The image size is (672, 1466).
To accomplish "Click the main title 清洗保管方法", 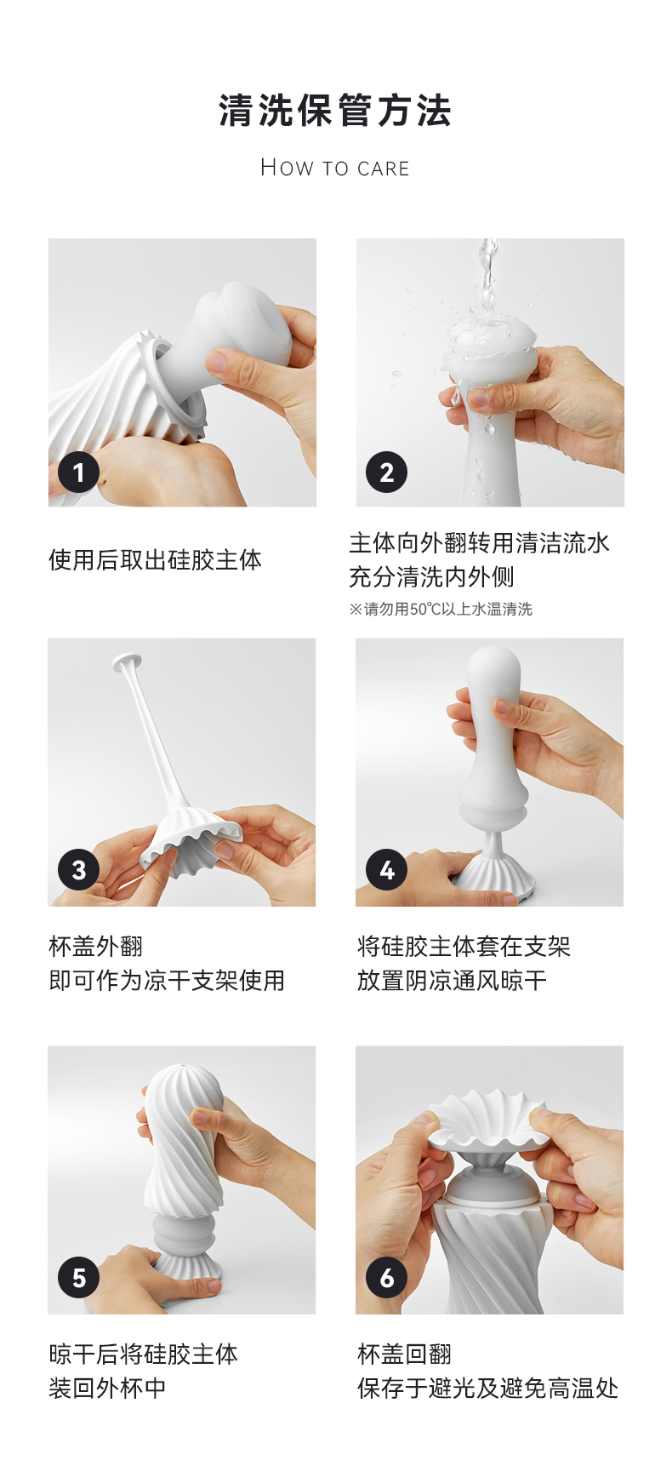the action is (x=335, y=112).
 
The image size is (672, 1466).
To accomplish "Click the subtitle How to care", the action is (x=335, y=168).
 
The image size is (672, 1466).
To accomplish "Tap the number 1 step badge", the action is (x=79, y=472).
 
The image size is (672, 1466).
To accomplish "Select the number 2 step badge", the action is (x=387, y=472).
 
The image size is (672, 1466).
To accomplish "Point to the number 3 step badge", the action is (x=79, y=870).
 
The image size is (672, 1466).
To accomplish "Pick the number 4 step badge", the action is (x=387, y=870).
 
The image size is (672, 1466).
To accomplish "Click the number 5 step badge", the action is (x=79, y=1278).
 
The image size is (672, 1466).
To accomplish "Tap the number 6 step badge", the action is (x=387, y=1278).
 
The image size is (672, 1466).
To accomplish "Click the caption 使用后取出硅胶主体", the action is (x=156, y=559).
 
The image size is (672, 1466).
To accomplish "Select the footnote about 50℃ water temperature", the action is (x=441, y=610).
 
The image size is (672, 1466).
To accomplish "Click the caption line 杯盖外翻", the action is (x=96, y=947).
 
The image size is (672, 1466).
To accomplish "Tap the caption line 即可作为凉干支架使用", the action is (x=167, y=981).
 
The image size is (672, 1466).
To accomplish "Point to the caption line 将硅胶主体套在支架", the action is (x=464, y=947).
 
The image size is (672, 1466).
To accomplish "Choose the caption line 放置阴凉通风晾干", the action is (x=452, y=981).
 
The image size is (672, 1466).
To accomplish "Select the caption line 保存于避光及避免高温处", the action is (x=487, y=1389).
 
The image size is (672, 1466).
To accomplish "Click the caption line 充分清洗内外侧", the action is (x=431, y=577).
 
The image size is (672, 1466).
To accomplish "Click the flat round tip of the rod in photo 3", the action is (x=127, y=660).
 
